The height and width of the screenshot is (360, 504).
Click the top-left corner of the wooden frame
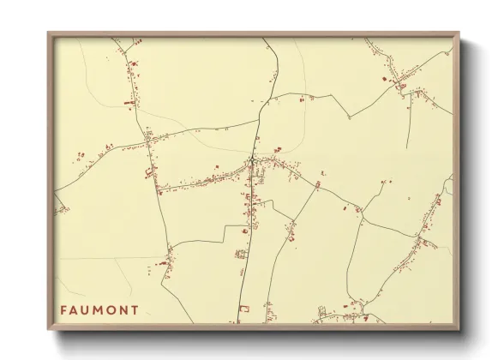(48, 33)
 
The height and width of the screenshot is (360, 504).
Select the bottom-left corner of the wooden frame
(48, 328)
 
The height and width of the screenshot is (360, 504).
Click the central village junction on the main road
(252, 161)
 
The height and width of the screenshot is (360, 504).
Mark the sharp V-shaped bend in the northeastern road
(347, 116)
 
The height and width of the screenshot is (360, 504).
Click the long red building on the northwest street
(129, 103)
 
